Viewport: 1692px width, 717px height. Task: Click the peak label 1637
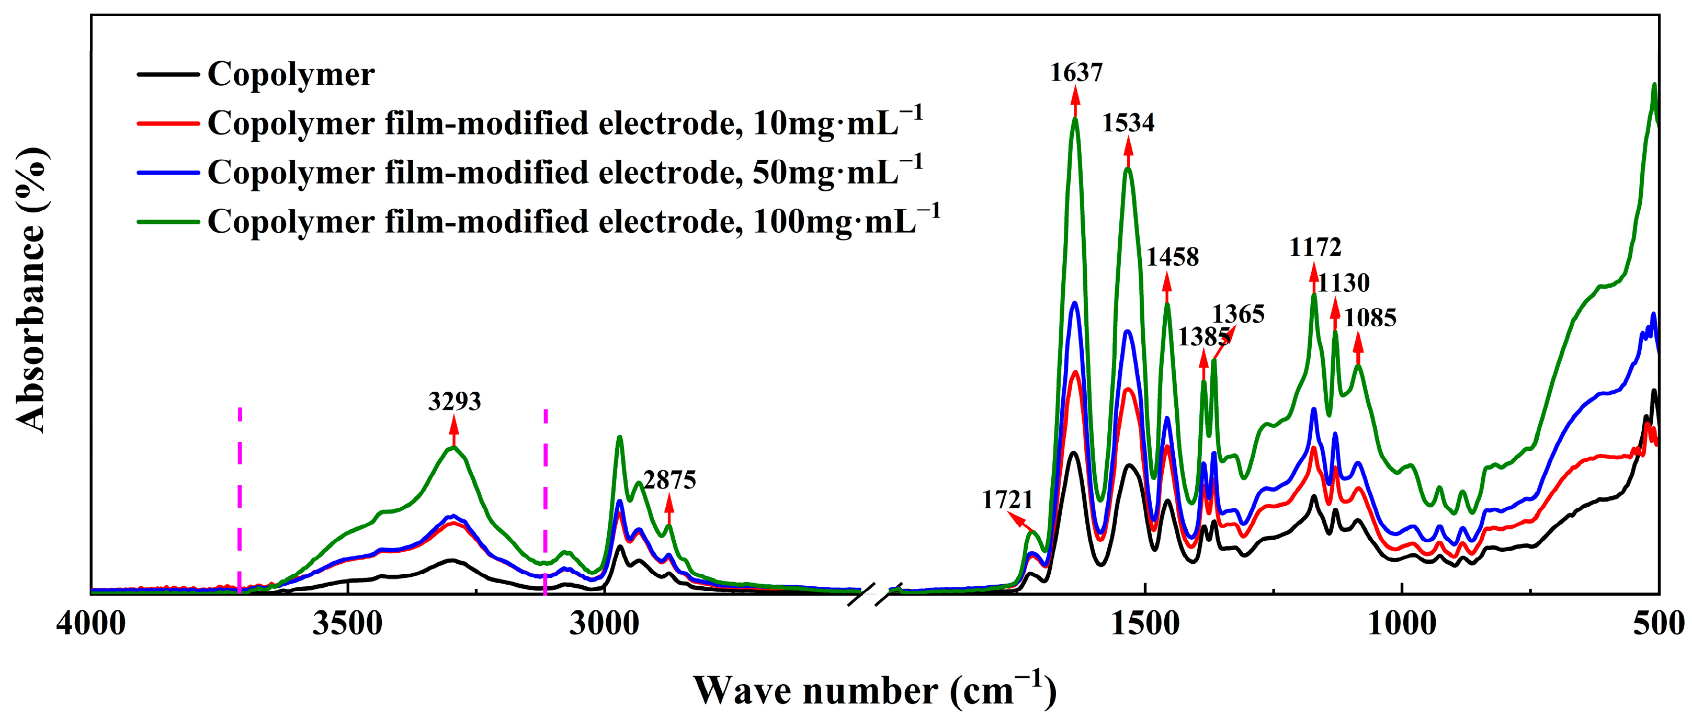click(1076, 72)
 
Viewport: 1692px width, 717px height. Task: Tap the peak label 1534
click(1128, 123)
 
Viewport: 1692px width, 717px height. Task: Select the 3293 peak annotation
click(455, 401)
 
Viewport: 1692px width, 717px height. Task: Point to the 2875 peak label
click(669, 481)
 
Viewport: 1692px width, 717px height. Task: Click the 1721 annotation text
click(1007, 500)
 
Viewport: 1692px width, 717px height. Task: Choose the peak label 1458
click(1173, 257)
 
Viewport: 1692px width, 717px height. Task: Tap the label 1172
click(1315, 247)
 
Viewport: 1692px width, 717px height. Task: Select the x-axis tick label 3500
click(347, 622)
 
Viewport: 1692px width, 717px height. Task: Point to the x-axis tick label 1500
click(1145, 622)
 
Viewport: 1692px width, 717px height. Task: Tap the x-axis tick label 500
click(1659, 622)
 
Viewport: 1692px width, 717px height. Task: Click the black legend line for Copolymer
click(168, 74)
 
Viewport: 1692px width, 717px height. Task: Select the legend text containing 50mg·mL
click(565, 172)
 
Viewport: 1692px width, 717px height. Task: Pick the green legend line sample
click(168, 222)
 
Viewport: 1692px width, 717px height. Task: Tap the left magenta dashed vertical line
click(240, 499)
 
